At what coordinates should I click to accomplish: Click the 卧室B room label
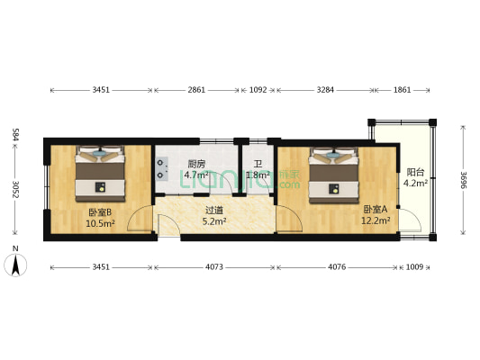99,211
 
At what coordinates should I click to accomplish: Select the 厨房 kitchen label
196,165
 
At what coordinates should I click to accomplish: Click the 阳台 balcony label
415,172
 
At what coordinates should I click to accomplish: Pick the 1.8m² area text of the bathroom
258,175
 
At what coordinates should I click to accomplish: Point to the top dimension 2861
196,91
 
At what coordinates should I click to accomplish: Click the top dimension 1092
258,91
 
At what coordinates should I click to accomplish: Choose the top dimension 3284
324,91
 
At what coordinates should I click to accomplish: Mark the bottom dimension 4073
213,267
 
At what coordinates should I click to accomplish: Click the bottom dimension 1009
414,267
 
